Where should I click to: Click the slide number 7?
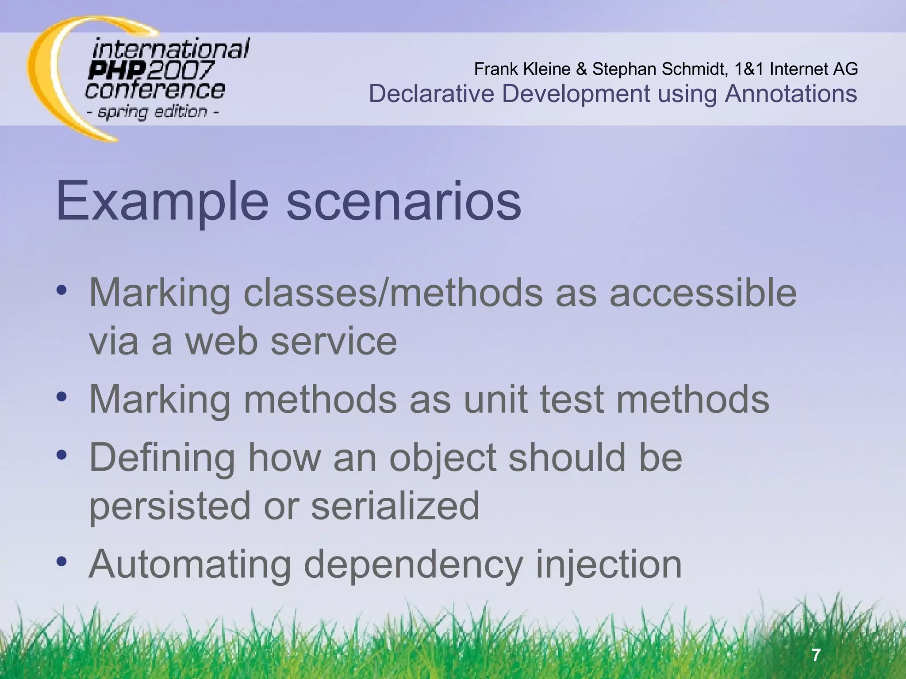817,654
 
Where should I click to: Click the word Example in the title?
162,201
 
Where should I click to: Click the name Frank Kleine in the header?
522,69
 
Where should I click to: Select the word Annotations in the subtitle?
791,94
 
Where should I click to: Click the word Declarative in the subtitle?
431,94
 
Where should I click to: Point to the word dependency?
413,565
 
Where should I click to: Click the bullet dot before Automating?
61,561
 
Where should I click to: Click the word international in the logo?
171,49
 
